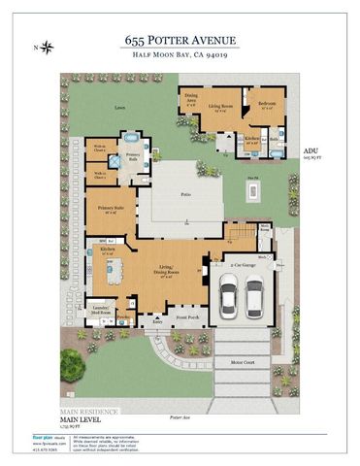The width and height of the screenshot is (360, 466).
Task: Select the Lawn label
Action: [x=119, y=108]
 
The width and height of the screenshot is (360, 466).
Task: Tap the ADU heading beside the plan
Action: [x=311, y=152]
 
